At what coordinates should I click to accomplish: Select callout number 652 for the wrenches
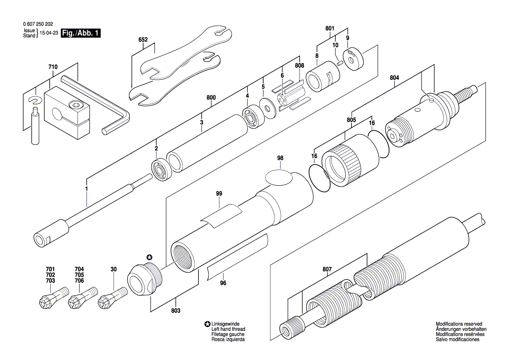[143, 40]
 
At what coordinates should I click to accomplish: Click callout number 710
[53, 68]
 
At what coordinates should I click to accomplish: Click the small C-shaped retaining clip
[34, 101]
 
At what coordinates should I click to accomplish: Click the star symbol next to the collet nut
[150, 257]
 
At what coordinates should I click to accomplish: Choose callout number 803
[175, 311]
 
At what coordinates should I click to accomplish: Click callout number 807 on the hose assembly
[327, 270]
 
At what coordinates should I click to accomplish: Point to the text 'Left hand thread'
[228, 329]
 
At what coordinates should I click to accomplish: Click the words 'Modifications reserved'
[459, 324]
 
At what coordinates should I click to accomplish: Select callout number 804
[394, 78]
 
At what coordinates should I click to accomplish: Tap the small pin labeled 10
[340, 62]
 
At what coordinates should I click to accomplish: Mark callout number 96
[223, 282]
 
